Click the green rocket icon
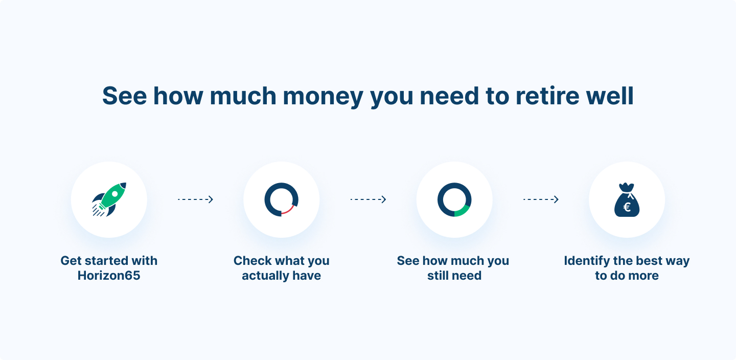coord(109,199)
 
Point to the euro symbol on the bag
coord(627,207)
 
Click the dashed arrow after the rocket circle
coord(195,199)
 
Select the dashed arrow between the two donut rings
coord(369,199)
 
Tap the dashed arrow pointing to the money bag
coord(541,199)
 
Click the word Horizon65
coord(109,276)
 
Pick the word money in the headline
coord(323,96)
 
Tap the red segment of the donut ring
coord(288,210)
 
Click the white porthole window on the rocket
coord(114,194)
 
